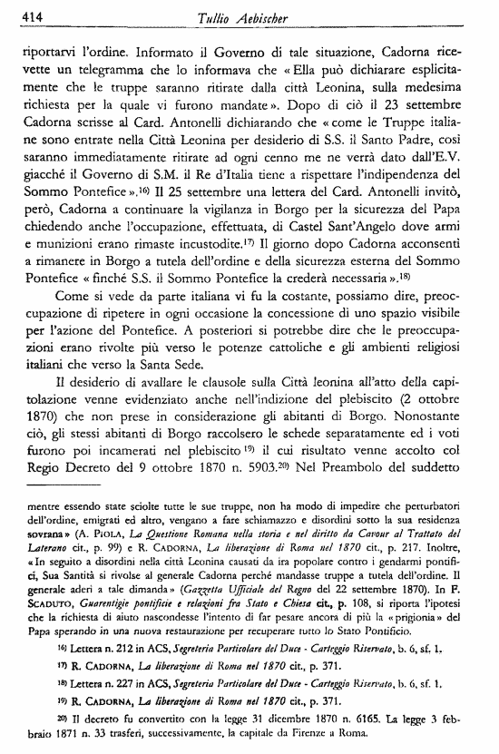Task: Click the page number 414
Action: pyautogui.click(x=17, y=10)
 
